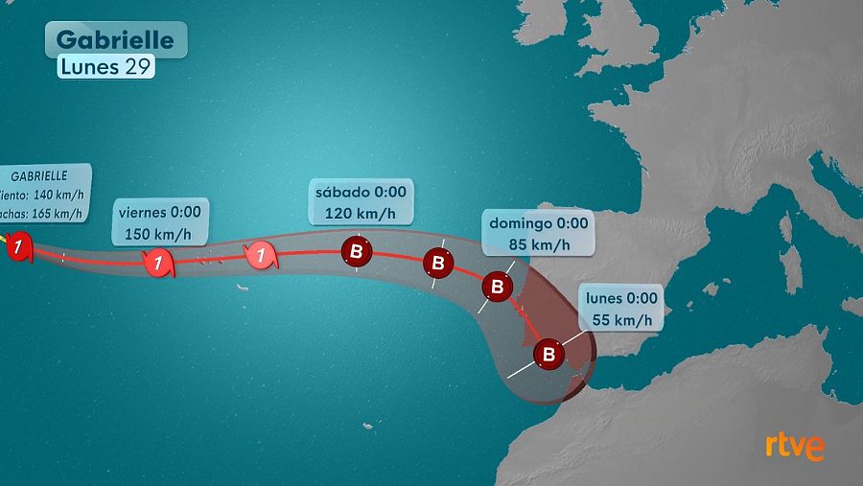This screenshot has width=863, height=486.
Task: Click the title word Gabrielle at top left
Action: coord(115,39)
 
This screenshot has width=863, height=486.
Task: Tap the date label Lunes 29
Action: coord(106,66)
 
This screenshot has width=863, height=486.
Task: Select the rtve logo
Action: coord(794,446)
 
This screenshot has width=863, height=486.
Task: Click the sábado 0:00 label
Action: coord(361,192)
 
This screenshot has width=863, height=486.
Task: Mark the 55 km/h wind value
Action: coord(621,320)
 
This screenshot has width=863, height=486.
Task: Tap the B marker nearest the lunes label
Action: coord(549,355)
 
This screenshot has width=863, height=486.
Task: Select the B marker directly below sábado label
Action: coord(357,253)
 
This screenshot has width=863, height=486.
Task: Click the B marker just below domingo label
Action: coord(497,287)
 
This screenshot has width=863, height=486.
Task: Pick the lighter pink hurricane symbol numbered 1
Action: coord(259,255)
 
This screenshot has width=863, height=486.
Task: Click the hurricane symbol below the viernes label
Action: coord(158,262)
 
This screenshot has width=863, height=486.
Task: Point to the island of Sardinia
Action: coord(791,270)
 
